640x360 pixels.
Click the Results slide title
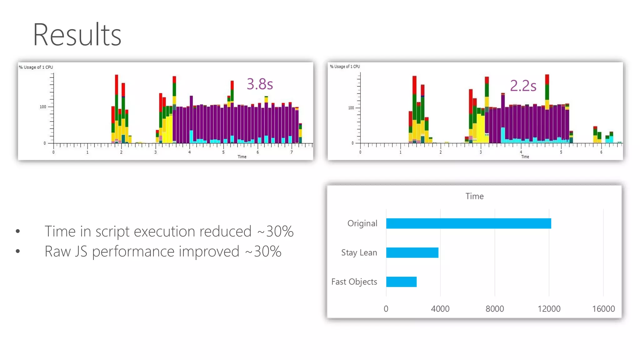[77, 35]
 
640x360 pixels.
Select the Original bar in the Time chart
[468, 223]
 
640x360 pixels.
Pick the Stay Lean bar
[412, 252]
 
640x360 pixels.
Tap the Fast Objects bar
[401, 282]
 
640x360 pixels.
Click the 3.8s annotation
[260, 84]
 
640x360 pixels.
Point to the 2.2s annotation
[523, 86]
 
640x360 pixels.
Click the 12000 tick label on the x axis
[549, 309]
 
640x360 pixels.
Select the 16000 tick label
[603, 309]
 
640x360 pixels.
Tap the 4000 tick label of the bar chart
[440, 309]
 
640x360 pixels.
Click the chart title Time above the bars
[474, 196]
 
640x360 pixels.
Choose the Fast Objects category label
[354, 282]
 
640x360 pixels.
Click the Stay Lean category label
[359, 252]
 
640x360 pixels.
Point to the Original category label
[362, 223]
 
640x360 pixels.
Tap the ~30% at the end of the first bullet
[275, 232]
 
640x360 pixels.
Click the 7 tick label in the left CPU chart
[292, 152]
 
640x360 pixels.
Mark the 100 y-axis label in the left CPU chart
[43, 107]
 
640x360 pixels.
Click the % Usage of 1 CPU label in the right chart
[345, 67]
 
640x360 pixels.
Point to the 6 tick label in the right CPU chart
[601, 152]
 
